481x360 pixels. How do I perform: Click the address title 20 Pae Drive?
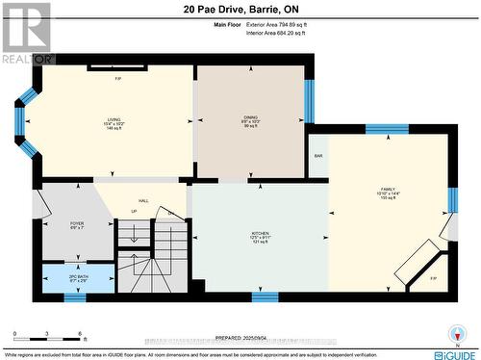pos(240,11)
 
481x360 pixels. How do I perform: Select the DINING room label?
pos(250,120)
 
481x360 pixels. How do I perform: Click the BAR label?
pos(317,155)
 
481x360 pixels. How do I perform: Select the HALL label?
pos(142,200)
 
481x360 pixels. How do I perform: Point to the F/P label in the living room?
pos(117,77)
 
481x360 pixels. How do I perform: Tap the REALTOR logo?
pos(26,33)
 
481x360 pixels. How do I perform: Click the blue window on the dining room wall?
pos(309,101)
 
